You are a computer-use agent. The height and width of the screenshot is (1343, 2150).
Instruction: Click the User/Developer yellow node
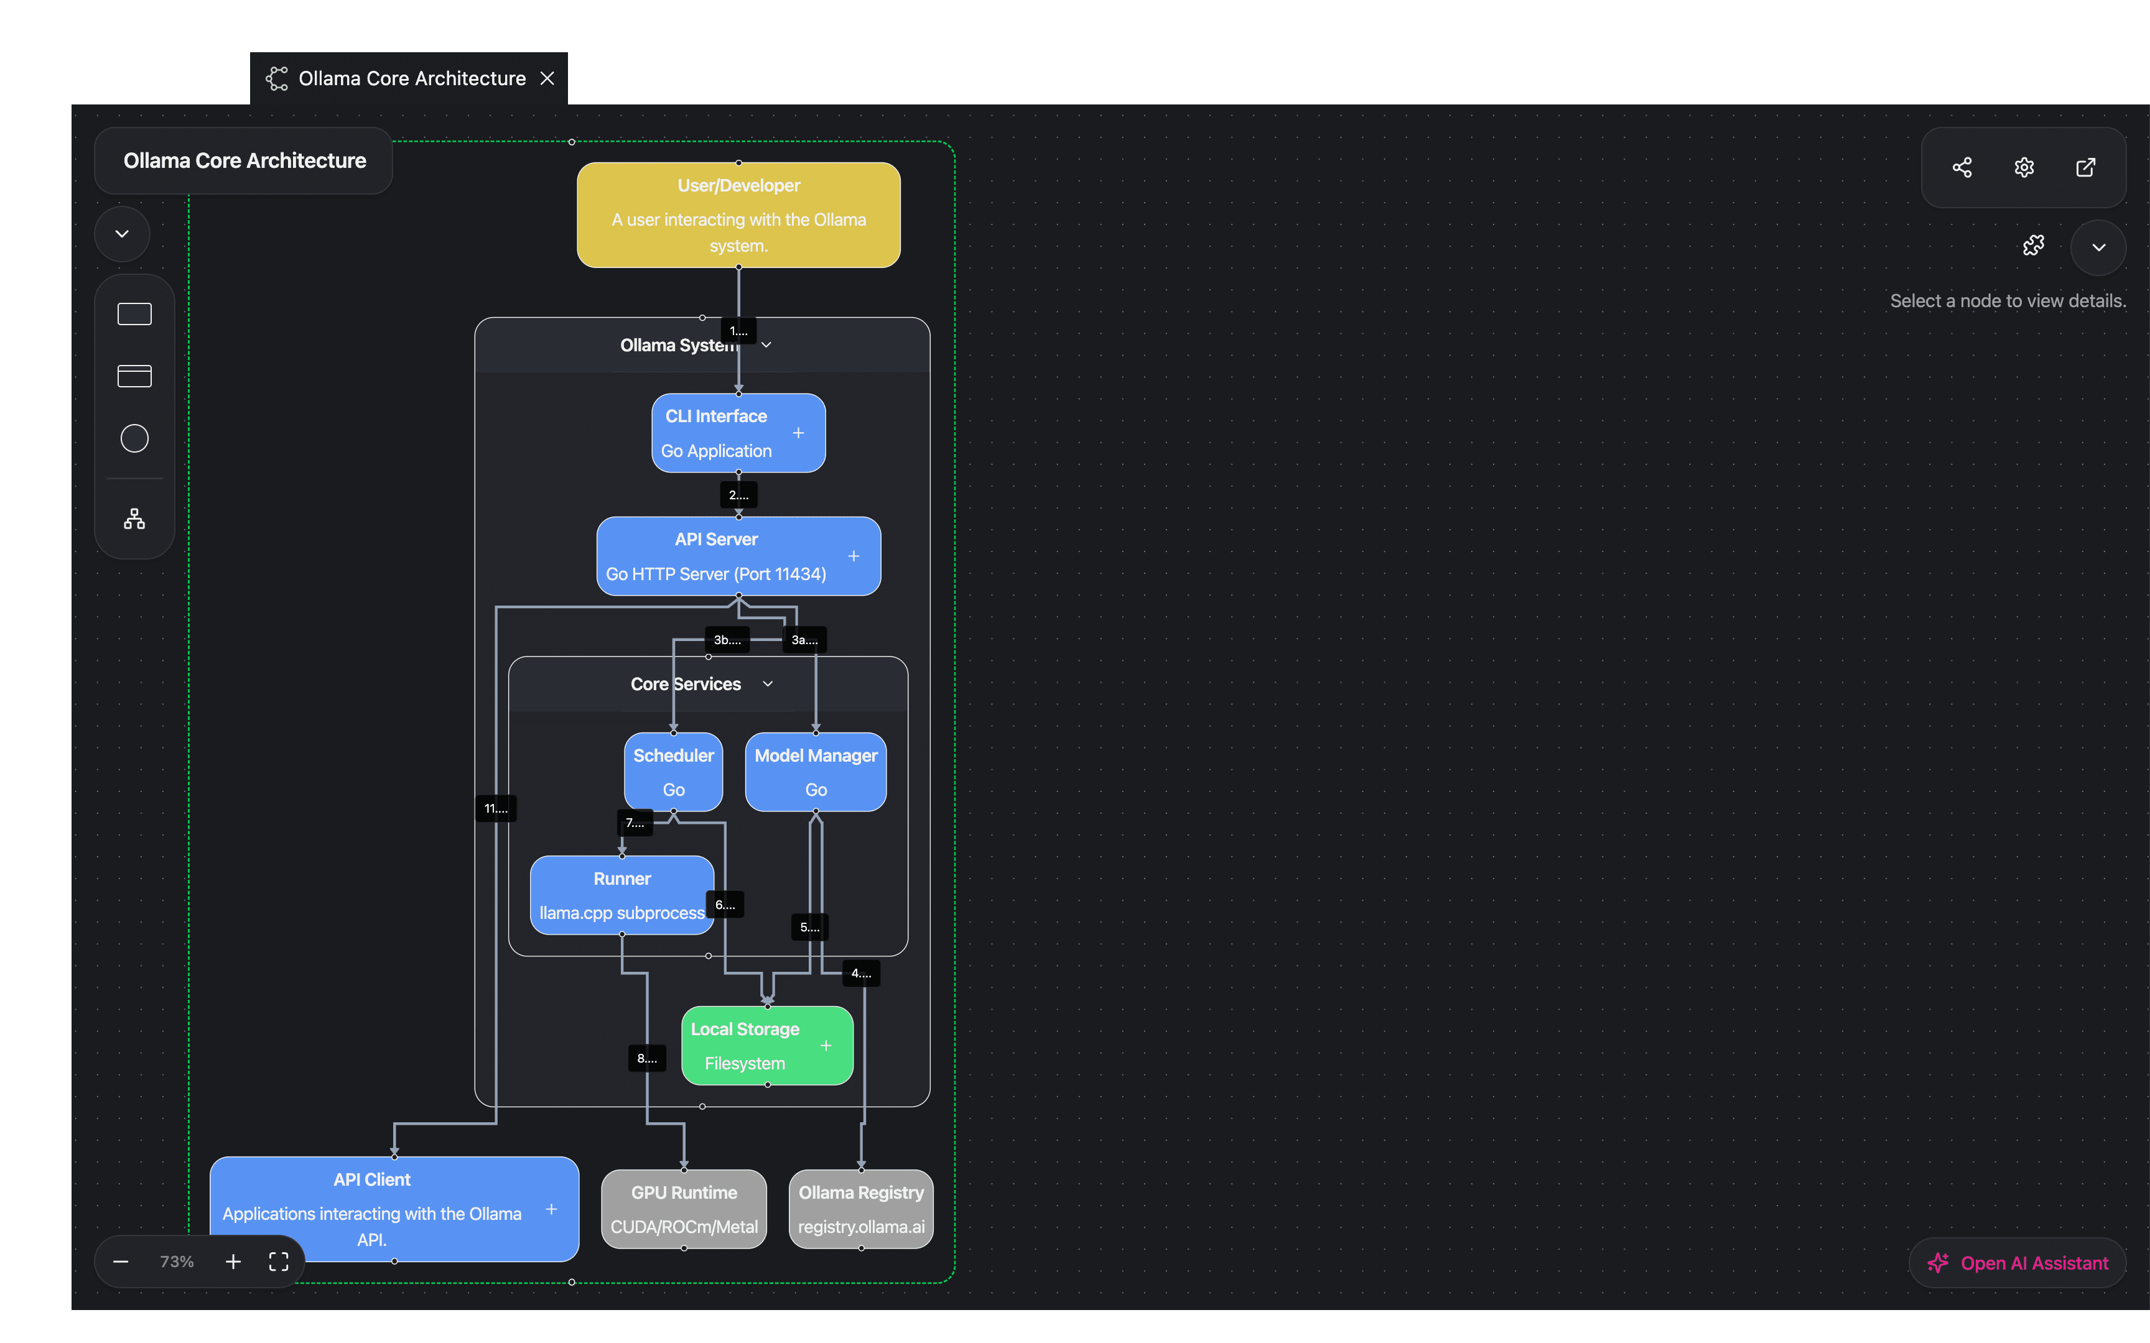click(x=738, y=215)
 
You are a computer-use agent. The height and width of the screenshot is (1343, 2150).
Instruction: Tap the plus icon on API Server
click(x=854, y=556)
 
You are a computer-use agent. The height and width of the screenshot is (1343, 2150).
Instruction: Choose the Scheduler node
click(x=673, y=772)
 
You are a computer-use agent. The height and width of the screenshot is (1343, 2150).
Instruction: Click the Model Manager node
click(x=816, y=772)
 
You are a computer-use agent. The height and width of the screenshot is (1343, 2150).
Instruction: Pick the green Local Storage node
click(x=747, y=1045)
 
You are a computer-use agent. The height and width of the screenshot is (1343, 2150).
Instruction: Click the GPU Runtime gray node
click(x=684, y=1209)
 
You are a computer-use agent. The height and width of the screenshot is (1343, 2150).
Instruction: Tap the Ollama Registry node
click(x=861, y=1209)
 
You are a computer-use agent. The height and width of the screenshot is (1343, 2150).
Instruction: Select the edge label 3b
click(x=727, y=640)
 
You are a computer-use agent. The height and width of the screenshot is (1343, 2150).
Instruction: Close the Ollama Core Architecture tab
click(x=547, y=78)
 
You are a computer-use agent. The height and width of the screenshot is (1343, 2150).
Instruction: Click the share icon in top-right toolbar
click(x=1962, y=168)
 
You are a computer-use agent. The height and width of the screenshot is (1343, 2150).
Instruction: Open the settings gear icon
click(x=2024, y=168)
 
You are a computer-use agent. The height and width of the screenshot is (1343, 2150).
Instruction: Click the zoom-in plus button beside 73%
click(x=233, y=1262)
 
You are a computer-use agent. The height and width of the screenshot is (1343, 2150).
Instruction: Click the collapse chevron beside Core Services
click(x=768, y=684)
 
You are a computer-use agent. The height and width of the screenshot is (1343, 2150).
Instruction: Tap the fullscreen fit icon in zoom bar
click(x=279, y=1262)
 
